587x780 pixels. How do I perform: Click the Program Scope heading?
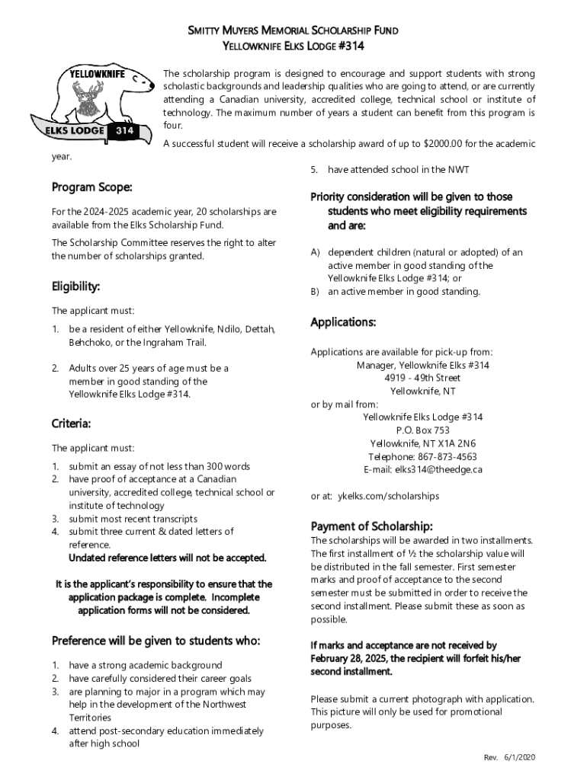click(x=91, y=187)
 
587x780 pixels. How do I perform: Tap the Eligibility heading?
click(x=75, y=286)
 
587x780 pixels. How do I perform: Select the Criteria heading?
click(x=71, y=423)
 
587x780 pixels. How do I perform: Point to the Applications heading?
click(x=343, y=322)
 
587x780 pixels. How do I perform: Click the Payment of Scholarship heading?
click(x=371, y=526)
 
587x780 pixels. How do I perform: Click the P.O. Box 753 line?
click(x=422, y=430)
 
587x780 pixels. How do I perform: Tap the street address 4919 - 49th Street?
click(x=422, y=378)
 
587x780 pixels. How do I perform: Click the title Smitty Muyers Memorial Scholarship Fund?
click(x=293, y=31)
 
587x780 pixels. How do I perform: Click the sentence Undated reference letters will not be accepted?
click(x=168, y=558)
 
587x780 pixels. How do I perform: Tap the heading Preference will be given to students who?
click(x=156, y=641)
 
